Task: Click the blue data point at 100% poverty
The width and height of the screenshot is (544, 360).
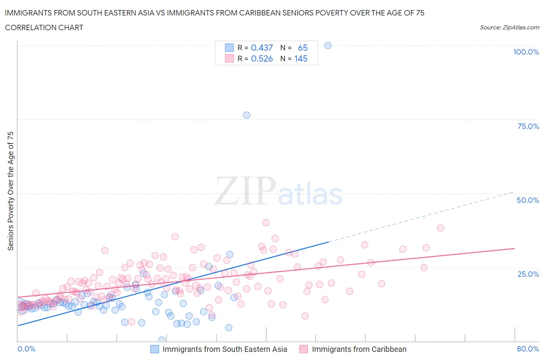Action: point(328,45)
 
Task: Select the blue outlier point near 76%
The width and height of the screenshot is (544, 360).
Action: point(246,115)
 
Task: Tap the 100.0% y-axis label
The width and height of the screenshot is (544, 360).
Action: point(526,52)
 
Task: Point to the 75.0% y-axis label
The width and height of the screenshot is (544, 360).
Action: point(528,126)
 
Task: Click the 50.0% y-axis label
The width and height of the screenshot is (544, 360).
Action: point(528,200)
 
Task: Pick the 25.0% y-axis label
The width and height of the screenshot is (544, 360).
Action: point(528,274)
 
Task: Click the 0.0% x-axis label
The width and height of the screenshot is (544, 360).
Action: point(26,349)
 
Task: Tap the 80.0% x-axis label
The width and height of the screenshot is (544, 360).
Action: point(528,349)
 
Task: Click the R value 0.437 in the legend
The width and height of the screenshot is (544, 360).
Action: point(262,48)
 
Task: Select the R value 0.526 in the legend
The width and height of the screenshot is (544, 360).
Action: point(262,58)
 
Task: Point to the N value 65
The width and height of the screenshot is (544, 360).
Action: point(303,48)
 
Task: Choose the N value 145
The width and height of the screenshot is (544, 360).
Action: point(301,58)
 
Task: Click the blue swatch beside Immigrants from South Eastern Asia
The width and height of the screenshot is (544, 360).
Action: point(154,349)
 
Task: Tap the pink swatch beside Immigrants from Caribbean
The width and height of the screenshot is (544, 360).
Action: point(304,349)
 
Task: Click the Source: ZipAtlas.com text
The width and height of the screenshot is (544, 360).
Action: point(509,27)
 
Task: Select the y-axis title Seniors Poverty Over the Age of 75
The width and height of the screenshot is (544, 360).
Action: point(10,191)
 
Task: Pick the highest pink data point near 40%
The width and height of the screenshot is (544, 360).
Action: point(266,223)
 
